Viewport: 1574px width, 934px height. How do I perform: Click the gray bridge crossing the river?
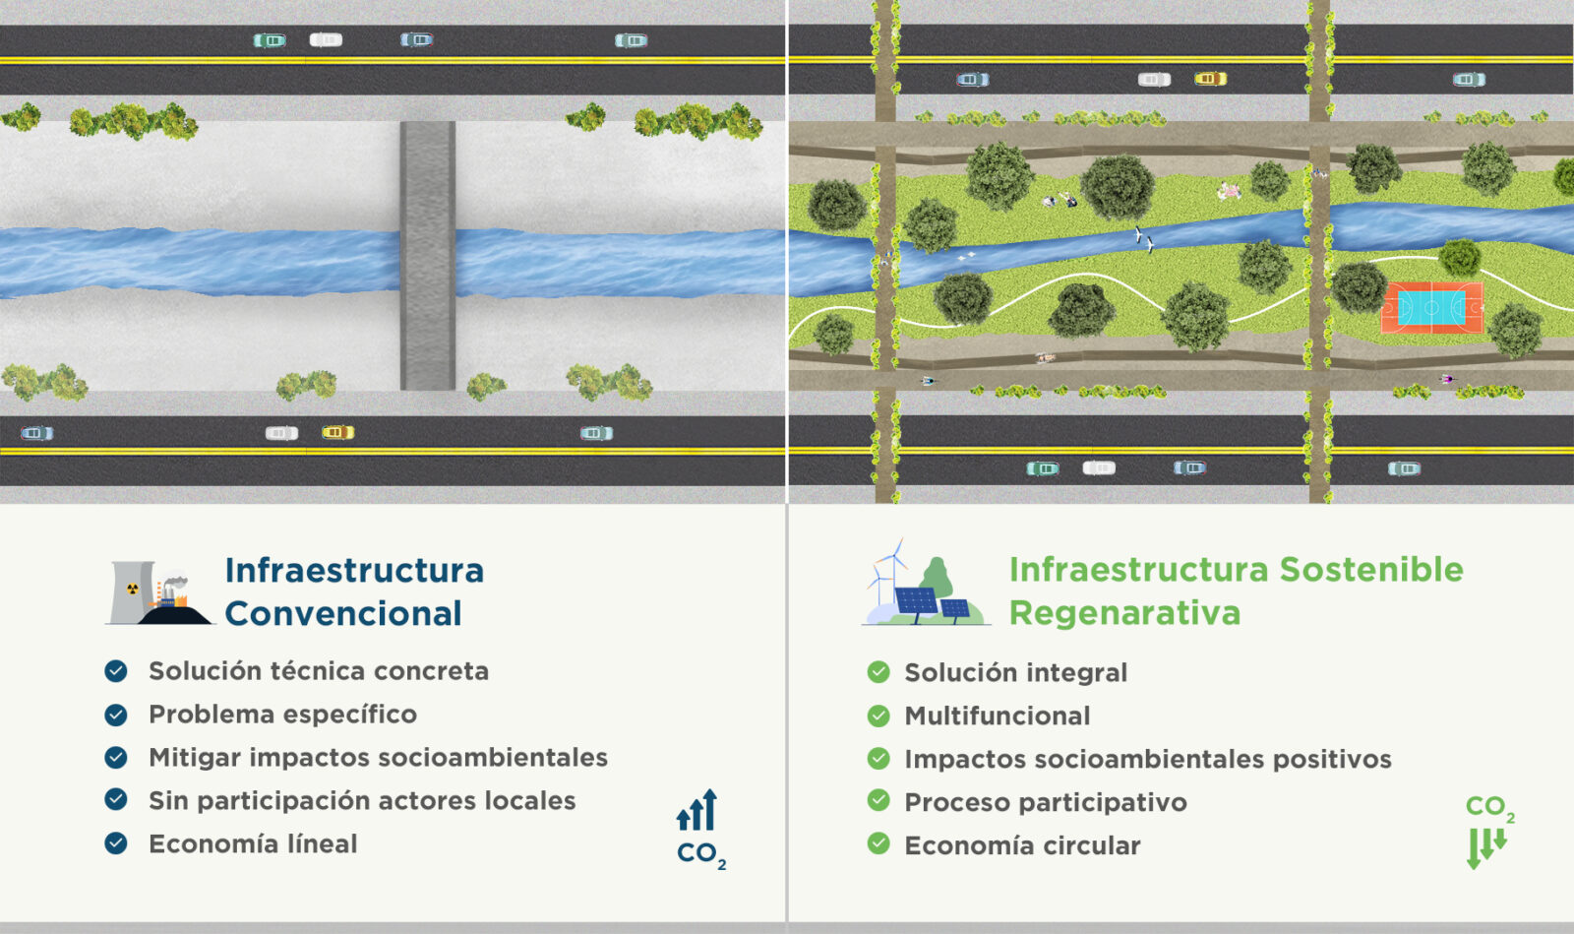[x=428, y=255]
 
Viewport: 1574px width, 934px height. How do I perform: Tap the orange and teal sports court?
[x=1431, y=308]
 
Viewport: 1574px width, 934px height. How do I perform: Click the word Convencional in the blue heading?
[x=343, y=614]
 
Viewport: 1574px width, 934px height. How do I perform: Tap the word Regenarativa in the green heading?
[x=1124, y=613]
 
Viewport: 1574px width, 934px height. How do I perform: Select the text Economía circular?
[x=1022, y=845]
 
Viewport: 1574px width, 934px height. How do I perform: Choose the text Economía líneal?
[x=253, y=843]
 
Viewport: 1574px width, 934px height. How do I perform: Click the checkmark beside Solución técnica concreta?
[x=116, y=671]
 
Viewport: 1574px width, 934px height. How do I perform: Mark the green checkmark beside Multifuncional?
[x=878, y=716]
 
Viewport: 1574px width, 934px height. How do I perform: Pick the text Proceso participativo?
[x=1046, y=802]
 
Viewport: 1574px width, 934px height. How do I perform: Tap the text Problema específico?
[x=282, y=714]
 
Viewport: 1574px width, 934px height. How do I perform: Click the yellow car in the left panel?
[x=337, y=432]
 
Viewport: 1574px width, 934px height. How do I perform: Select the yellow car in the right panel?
[x=1210, y=79]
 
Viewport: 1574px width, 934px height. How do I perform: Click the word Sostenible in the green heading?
[x=1370, y=570]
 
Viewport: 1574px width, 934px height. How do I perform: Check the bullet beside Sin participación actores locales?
[x=116, y=799]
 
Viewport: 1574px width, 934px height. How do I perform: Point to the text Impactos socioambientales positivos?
[x=1148, y=759]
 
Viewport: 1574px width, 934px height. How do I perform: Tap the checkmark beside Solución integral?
[x=878, y=672]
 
